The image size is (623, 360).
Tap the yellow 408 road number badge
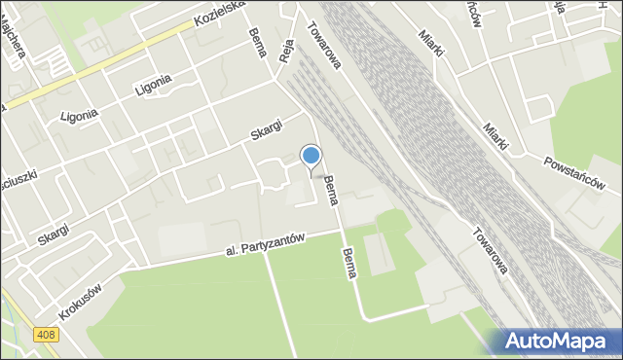coord(47,335)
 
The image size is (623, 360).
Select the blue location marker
coord(311,156)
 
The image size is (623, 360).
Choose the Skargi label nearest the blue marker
coord(264,128)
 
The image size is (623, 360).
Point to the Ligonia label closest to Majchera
coord(79,115)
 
